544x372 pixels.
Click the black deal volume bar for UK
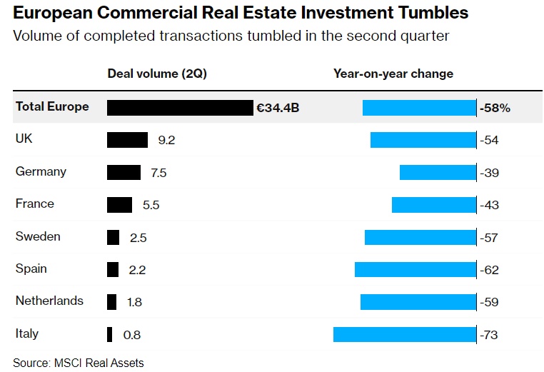click(x=127, y=140)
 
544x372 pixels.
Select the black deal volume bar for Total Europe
click(x=180, y=107)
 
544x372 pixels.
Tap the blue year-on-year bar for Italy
click(x=404, y=334)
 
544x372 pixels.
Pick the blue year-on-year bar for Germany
click(x=438, y=172)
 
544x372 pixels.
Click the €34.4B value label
click(x=278, y=108)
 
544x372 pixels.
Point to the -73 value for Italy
click(x=490, y=335)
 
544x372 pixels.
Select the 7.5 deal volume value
click(x=158, y=173)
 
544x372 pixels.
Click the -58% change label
click(x=495, y=108)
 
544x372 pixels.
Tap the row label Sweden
click(x=38, y=236)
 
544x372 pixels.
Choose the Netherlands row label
click(x=49, y=301)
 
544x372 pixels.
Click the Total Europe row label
click(x=52, y=107)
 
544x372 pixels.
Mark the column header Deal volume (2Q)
click(x=157, y=74)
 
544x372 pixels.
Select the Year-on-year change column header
click(x=393, y=74)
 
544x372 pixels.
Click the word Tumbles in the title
click(x=429, y=13)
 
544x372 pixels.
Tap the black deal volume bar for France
click(x=119, y=205)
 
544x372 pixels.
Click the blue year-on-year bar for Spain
click(x=415, y=269)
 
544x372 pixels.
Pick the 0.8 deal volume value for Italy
click(x=132, y=335)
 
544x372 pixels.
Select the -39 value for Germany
click(x=490, y=173)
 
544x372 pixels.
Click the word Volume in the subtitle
click(x=36, y=36)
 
